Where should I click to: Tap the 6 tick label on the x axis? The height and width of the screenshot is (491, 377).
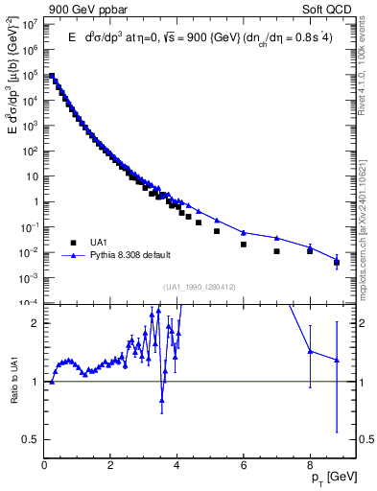[x=244, y=463]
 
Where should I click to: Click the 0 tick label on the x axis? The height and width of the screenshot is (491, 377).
[x=44, y=463]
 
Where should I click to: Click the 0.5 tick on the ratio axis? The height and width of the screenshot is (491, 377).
[x=30, y=439]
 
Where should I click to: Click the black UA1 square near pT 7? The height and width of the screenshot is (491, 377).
[x=276, y=251]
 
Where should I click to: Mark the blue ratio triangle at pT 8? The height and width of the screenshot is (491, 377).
[x=310, y=351]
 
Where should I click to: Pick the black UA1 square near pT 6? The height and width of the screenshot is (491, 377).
[x=244, y=245]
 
